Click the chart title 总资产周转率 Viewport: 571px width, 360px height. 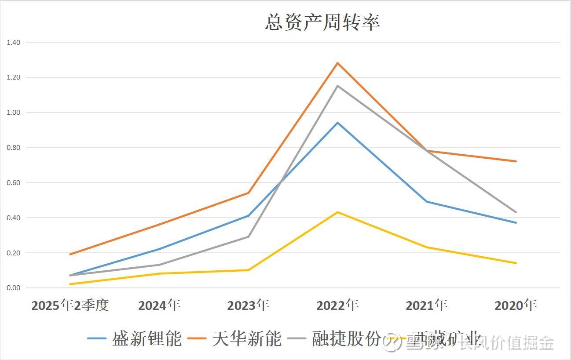click(322, 22)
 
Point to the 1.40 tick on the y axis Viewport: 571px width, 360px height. click(14, 43)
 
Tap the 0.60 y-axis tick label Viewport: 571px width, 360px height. click(14, 183)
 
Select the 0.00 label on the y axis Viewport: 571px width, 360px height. click(14, 288)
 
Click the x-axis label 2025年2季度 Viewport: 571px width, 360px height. click(70, 305)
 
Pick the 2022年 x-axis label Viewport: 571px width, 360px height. click(337, 305)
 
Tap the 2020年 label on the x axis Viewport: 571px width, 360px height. click(516, 305)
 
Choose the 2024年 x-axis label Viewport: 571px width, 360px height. click(159, 305)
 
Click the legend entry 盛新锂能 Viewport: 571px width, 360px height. click(146, 339)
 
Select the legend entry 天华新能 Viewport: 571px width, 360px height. click(246, 339)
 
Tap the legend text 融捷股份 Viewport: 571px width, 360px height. click(346, 339)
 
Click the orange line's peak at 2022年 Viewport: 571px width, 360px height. click(337, 63)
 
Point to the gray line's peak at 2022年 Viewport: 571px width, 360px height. click(337, 86)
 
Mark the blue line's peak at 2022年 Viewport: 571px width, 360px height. click(337, 123)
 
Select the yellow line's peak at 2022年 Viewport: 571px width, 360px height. click(337, 212)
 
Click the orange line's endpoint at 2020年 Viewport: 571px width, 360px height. click(516, 161)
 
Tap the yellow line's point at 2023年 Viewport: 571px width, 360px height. click(249, 270)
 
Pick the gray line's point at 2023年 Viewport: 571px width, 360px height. click(249, 237)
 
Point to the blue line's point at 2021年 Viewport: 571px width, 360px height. click(427, 202)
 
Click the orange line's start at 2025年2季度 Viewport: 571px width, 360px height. click(70, 255)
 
